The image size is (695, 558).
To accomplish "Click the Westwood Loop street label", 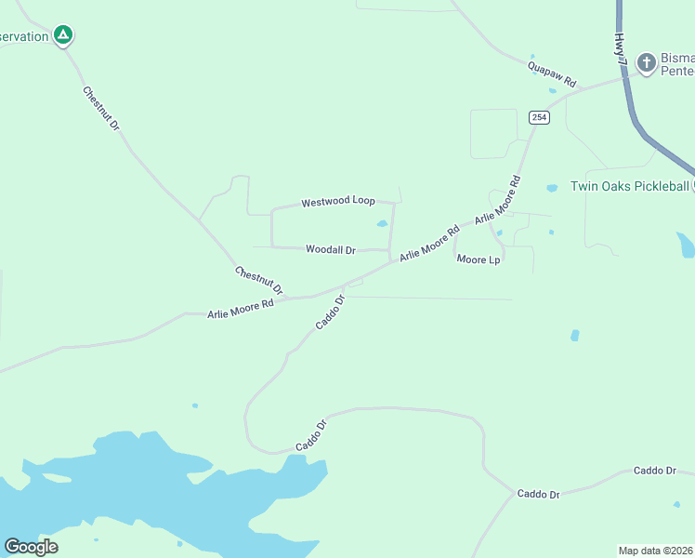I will pyautogui.click(x=337, y=202).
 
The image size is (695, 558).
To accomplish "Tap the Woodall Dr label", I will pyautogui.click(x=331, y=249).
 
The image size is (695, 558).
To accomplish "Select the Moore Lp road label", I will pyautogui.click(x=479, y=259).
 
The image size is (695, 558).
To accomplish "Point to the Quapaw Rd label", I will pyautogui.click(x=552, y=74).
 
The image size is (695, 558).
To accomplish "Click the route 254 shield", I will pyautogui.click(x=540, y=117).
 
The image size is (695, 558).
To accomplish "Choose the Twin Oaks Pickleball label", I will pyautogui.click(x=629, y=186).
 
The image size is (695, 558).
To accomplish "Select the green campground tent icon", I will pyautogui.click(x=62, y=36).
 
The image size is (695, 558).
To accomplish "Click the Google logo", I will pyautogui.click(x=31, y=546).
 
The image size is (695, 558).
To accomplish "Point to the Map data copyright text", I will pyautogui.click(x=655, y=551).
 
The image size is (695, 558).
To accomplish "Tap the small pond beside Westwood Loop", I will pyautogui.click(x=381, y=223).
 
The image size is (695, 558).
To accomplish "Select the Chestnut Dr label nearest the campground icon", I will pyautogui.click(x=101, y=107).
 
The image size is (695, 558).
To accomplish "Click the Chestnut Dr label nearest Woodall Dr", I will pyautogui.click(x=258, y=280).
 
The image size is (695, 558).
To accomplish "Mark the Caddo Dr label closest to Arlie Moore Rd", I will pyautogui.click(x=330, y=312).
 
